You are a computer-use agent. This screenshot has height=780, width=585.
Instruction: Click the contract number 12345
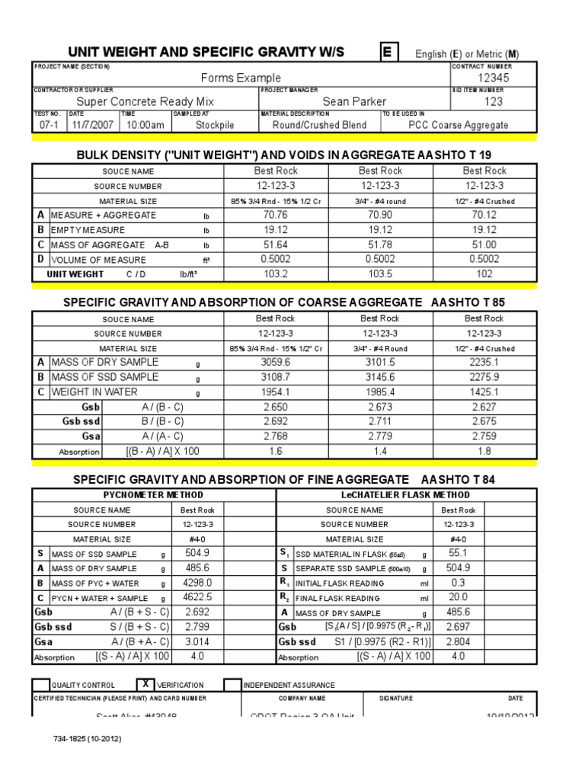point(494,78)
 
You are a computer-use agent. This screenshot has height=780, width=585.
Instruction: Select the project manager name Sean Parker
point(354,101)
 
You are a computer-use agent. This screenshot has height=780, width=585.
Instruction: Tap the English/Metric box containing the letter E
point(389,52)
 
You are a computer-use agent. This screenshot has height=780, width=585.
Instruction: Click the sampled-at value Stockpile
point(215,125)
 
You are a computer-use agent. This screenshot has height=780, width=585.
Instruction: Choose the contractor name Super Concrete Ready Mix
point(145,101)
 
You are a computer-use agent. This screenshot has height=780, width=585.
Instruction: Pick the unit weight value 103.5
point(379,274)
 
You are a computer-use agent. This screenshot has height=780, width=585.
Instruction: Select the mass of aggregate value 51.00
point(484,245)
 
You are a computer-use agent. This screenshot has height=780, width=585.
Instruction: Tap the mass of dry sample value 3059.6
point(276,363)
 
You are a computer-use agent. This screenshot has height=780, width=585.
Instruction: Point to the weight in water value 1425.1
point(484,392)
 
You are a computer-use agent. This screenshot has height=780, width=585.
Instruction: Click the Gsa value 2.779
point(380,436)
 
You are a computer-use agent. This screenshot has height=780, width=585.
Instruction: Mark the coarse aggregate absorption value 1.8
point(484,452)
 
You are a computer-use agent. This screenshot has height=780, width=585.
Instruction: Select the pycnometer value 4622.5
point(198,598)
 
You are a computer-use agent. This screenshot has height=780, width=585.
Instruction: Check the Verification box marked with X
point(145,684)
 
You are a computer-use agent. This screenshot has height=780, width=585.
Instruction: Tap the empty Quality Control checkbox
point(41,685)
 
